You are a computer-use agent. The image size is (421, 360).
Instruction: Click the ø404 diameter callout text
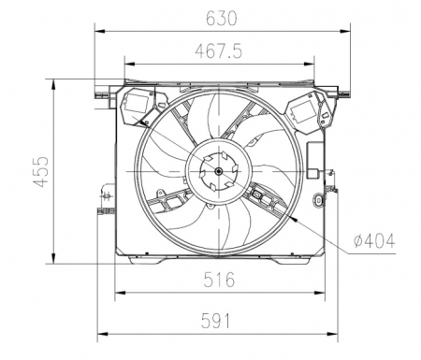[x=374, y=240]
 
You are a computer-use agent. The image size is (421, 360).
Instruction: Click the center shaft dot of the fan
[x=218, y=172]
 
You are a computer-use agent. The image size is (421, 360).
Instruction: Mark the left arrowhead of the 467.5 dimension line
[x=127, y=64]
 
